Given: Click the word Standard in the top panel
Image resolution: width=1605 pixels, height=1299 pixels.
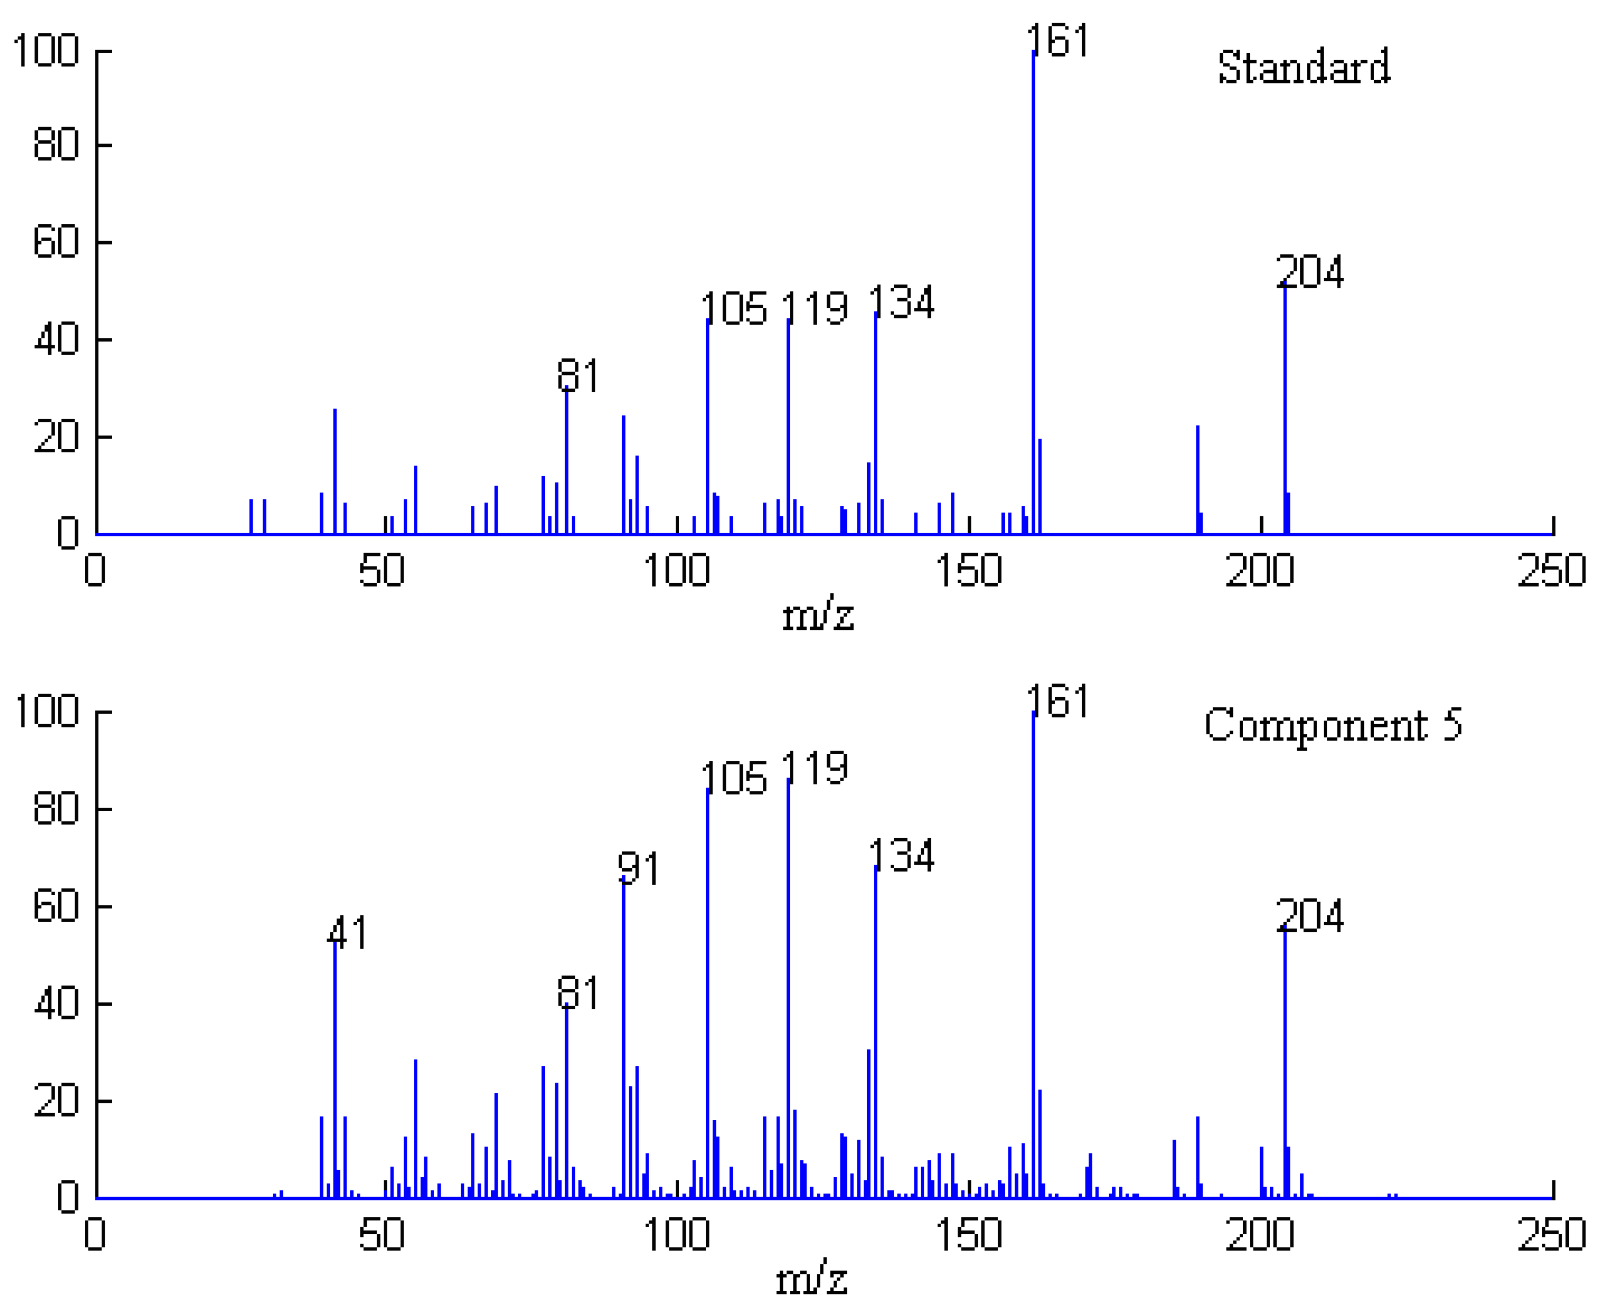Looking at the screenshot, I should (1304, 67).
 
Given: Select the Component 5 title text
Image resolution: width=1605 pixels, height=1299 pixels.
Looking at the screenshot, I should (1333, 725).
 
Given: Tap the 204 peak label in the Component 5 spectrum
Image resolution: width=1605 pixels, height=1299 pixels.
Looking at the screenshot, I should (1310, 916).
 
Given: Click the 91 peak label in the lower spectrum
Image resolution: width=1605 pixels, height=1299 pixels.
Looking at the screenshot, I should (638, 869).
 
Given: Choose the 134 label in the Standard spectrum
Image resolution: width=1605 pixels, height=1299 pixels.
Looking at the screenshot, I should (902, 303).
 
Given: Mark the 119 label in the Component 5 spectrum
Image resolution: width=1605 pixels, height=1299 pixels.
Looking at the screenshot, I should (814, 768).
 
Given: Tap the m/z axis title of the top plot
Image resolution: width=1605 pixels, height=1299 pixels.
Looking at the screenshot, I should (818, 616).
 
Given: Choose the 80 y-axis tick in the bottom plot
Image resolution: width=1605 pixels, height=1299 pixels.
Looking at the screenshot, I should (56, 809).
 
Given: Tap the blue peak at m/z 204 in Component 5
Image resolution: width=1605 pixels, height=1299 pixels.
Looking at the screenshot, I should (1285, 1063).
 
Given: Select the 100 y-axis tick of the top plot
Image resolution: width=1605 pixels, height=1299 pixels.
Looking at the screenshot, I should (47, 51).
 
